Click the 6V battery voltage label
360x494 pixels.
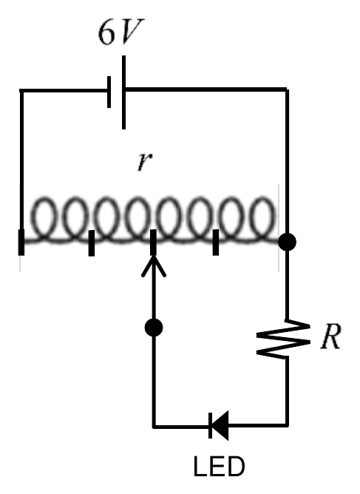pos(121,32)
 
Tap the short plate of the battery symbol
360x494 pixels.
pos(109,92)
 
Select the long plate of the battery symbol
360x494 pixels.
pos(123,92)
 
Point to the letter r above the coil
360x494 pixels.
pos(145,162)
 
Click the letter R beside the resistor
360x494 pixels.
pos(330,336)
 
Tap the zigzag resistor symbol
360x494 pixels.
pos(283,339)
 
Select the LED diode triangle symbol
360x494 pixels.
pos(219,425)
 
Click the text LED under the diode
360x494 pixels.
pos(220,467)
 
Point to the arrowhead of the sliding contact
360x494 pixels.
pos(154,265)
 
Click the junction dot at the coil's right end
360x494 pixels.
pos(287,242)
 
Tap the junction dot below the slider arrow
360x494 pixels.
pos(154,328)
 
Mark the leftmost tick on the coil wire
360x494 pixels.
pos(21,243)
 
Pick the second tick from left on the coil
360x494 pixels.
pos(92,243)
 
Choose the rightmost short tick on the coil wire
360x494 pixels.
pos(216,243)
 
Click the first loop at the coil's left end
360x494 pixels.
pos(45,217)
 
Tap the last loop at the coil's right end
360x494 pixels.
pos(263,217)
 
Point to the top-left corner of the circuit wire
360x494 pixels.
pos(21,91)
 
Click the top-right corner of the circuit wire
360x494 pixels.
pos(287,90)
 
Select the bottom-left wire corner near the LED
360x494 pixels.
pos(154,427)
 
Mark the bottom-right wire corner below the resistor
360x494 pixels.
pos(287,425)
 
